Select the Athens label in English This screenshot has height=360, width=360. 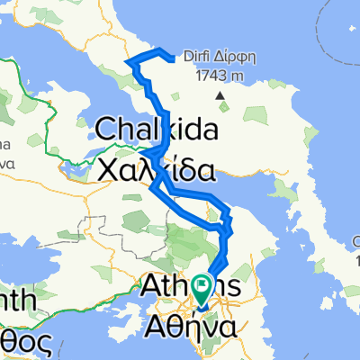coord(191,286)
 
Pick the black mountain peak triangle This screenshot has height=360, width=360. coord(219,94)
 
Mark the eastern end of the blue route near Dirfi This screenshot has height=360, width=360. coord(171,59)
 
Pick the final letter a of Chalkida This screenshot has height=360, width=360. coord(209,130)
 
